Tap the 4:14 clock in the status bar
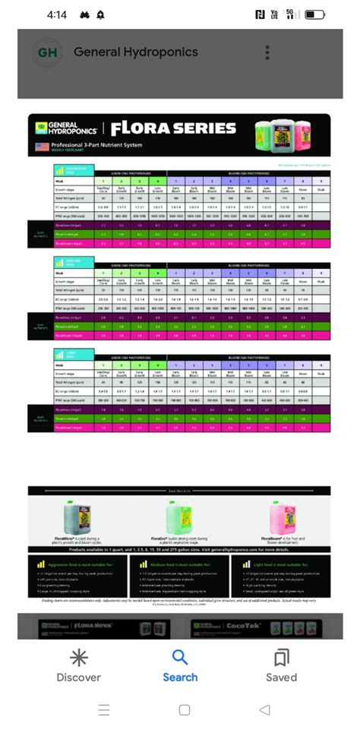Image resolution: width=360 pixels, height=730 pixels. click(x=57, y=14)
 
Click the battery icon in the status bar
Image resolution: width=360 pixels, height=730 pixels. click(x=315, y=14)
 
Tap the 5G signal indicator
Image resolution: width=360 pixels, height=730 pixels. click(x=289, y=14)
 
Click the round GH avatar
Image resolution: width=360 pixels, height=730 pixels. click(x=47, y=52)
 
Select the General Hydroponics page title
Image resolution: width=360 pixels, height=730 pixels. click(x=136, y=52)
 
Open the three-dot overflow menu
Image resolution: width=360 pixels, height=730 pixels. click(x=267, y=52)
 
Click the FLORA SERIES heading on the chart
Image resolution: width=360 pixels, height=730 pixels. click(x=173, y=128)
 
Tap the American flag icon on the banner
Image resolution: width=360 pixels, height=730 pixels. click(x=42, y=146)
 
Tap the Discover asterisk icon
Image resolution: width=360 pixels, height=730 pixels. click(x=78, y=657)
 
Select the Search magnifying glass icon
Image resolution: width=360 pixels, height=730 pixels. click(x=180, y=657)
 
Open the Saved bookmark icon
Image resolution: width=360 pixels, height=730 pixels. click(x=281, y=657)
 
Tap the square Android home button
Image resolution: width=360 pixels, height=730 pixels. click(x=184, y=709)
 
